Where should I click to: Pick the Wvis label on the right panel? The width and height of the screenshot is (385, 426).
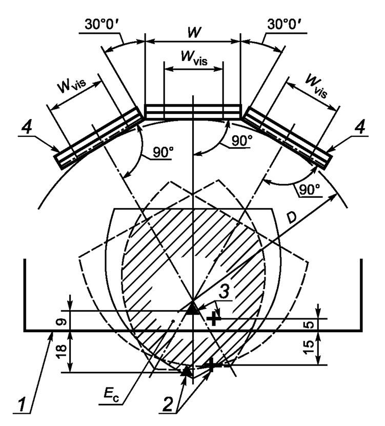pos(316,86)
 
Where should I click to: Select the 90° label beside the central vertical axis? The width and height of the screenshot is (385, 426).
pos(242,140)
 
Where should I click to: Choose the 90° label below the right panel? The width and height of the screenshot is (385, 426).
pos(310,189)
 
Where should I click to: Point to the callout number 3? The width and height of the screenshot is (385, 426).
pos(224,292)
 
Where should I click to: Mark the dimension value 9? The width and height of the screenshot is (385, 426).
pos(63,322)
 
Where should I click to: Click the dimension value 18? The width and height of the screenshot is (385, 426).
pos(63,352)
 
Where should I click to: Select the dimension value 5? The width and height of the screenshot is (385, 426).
pos(311,324)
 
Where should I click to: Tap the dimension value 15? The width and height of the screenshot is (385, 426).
pos(311,348)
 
